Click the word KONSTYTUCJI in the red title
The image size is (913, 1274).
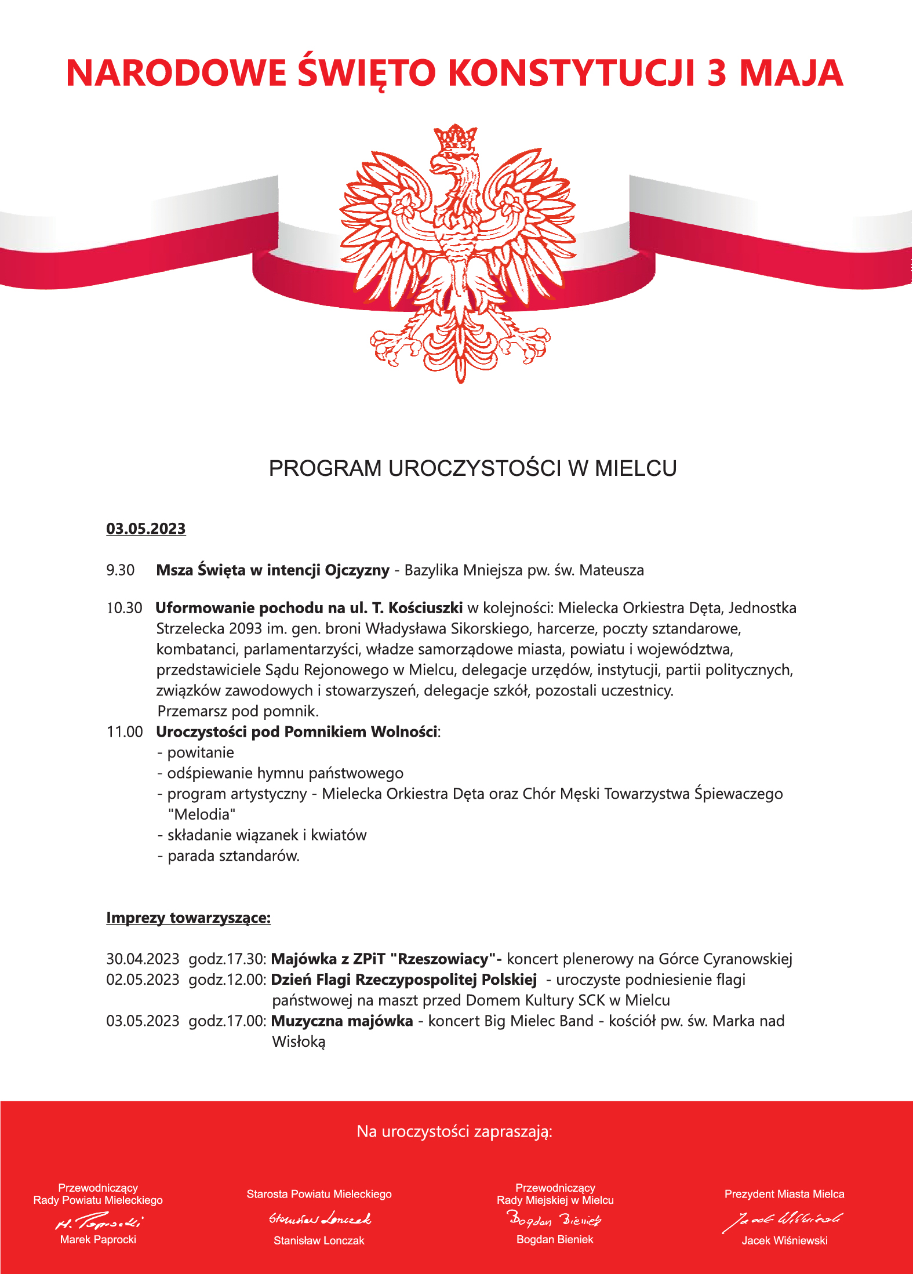pos(571,74)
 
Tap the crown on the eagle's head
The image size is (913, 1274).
pos(456,138)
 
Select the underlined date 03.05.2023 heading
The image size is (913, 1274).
pos(146,529)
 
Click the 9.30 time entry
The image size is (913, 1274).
pos(120,570)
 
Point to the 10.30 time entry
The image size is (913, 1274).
pos(124,608)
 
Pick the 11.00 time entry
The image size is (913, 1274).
pos(125,732)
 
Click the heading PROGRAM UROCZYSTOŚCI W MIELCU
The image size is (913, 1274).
pos(472,468)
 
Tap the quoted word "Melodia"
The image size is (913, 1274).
pos(202,814)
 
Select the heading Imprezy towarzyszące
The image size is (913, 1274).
pos(188,918)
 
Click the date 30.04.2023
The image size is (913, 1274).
pos(143,959)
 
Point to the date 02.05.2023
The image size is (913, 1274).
pos(143,980)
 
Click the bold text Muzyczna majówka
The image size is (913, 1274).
pos(342,1021)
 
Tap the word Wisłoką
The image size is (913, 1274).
pos(299,1042)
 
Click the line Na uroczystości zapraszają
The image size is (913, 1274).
pos(454,1131)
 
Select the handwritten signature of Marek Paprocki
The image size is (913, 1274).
pos(99,1222)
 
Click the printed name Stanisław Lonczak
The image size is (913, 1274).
pos(319,1240)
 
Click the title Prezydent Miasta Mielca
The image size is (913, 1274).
pos(784,1194)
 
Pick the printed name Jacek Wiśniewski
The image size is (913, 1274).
pos(784,1240)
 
